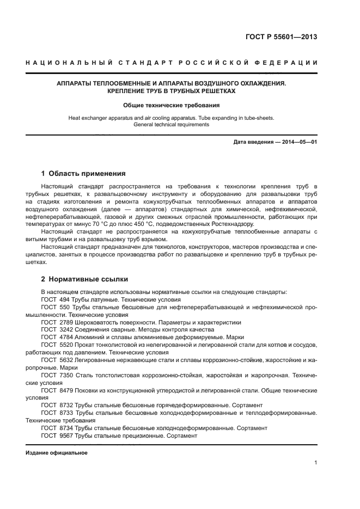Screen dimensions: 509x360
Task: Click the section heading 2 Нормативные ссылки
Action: [84, 279]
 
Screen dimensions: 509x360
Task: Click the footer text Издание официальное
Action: [57, 453]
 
